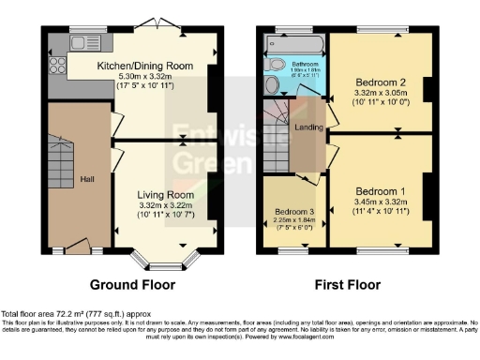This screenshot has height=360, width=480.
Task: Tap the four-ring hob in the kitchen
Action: point(56,66)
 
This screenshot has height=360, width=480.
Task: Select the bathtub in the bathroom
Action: point(294,45)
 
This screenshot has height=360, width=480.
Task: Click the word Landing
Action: point(309,128)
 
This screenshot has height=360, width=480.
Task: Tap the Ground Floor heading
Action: point(131,282)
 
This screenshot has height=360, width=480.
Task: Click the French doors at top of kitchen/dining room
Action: point(152,22)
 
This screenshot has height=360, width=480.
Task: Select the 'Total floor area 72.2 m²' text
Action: point(56,312)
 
